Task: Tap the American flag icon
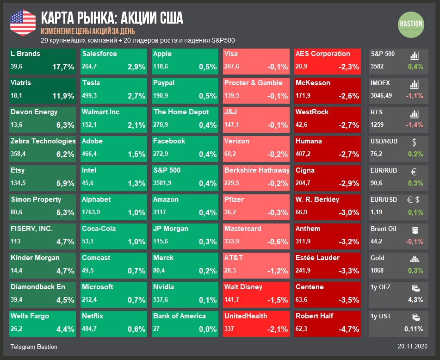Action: [x=23, y=22]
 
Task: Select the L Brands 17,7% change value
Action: [x=63, y=67]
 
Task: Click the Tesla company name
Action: [x=91, y=83]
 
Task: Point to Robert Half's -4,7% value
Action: [x=348, y=329]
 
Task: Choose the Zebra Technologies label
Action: [x=43, y=141]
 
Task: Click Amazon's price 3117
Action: [x=160, y=212]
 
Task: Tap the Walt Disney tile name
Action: [x=243, y=287]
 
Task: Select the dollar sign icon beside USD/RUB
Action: [x=414, y=143]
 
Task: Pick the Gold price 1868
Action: [x=377, y=270]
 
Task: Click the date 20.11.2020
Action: [x=412, y=347]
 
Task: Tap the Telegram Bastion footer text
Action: [x=34, y=347]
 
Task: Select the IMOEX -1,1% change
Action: [x=415, y=96]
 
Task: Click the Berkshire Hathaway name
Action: [x=257, y=170]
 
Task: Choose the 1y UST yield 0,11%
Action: [x=413, y=329]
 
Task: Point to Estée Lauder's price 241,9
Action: [x=304, y=271]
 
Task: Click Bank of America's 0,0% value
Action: [x=207, y=329]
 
